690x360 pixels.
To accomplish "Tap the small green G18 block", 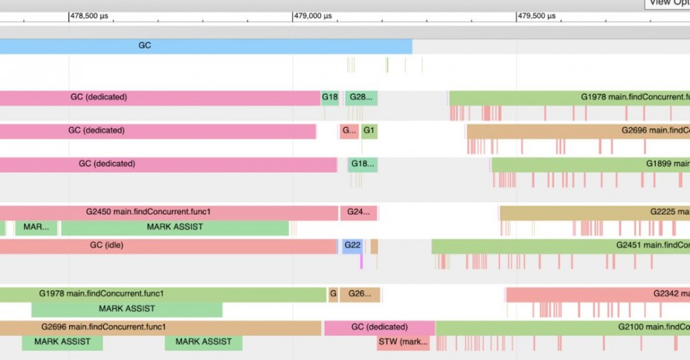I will pyautogui.click(x=330, y=98).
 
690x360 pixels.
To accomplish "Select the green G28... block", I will pyautogui.click(x=361, y=98).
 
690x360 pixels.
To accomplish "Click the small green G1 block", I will pyautogui.click(x=369, y=131).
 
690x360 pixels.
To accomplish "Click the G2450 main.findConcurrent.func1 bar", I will pyautogui.click(x=169, y=212).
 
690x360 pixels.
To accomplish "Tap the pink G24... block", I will pyautogui.click(x=358, y=212).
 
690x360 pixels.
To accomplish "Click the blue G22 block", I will pyautogui.click(x=353, y=246).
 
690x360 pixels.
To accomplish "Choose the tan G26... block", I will pyautogui.click(x=359, y=294).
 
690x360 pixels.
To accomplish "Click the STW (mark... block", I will pyautogui.click(x=403, y=342).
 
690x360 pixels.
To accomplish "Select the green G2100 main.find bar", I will pyautogui.click(x=562, y=327).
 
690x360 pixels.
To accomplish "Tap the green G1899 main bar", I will pyautogui.click(x=590, y=164).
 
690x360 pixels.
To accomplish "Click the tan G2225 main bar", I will pyautogui.click(x=594, y=212).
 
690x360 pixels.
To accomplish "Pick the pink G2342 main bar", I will pyautogui.click(x=598, y=294).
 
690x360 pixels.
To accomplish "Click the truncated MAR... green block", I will pyautogui.click(x=36, y=228).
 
